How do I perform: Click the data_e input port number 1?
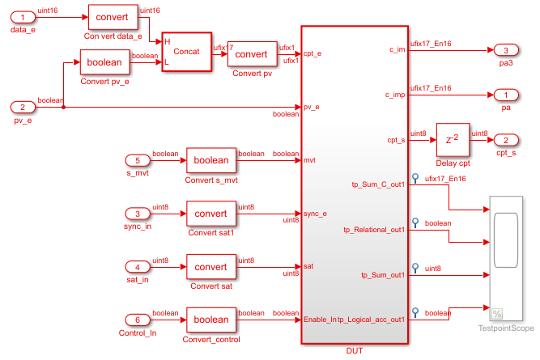coord(23,17)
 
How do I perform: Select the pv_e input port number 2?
coord(23,107)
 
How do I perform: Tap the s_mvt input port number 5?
coord(142,159)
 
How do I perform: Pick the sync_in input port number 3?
coord(142,213)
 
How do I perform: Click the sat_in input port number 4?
coord(142,266)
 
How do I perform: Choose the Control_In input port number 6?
coord(142,320)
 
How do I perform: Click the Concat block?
coord(185,52)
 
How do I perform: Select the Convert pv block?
coord(251,54)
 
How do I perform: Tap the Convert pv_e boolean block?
coord(104,62)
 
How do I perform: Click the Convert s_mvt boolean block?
coord(210,160)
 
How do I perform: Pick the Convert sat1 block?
coord(210,214)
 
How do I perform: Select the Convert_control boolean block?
coord(210,320)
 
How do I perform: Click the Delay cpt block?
coord(453,138)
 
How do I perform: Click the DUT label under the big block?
coord(355,350)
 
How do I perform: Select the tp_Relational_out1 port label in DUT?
coord(373,230)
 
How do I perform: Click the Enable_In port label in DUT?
coord(320,320)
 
